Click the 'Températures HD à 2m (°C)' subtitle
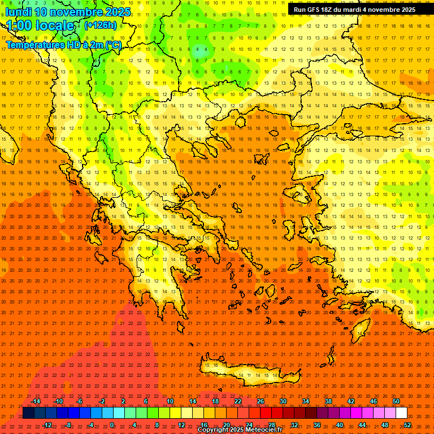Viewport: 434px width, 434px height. click(63, 45)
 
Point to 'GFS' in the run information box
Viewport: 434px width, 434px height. click(316, 10)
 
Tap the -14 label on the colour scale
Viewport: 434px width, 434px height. click(36, 401)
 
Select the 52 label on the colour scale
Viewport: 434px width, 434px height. click(407, 425)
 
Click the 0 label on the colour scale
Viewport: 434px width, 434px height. click(112, 425)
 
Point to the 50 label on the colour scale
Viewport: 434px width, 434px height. click(396, 401)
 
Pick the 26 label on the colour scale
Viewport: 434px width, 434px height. click(261, 401)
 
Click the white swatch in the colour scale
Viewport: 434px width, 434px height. click(401, 413)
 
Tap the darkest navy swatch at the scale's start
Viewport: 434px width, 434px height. click(28, 413)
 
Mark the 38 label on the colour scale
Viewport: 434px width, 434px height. click(328, 401)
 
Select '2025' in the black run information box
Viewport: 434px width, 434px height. click(404, 10)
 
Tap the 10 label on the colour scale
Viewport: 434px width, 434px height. click(170, 401)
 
